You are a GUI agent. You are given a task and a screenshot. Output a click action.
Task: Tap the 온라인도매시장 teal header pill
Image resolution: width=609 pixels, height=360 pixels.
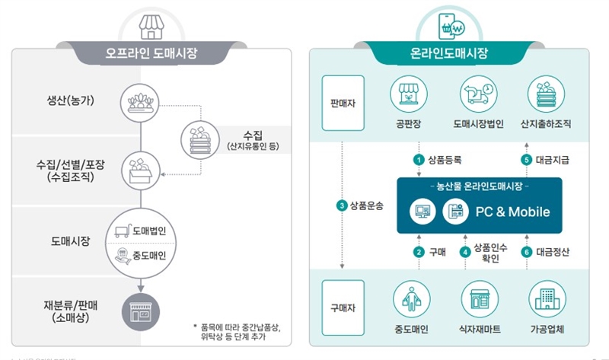tap(448, 54)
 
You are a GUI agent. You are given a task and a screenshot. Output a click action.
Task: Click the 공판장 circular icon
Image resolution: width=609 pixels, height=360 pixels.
tap(411, 95)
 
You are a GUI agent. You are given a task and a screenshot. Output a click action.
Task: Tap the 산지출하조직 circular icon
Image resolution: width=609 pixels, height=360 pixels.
tap(546, 95)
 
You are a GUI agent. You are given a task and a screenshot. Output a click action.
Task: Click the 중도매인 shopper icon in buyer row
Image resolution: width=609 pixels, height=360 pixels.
tap(412, 300)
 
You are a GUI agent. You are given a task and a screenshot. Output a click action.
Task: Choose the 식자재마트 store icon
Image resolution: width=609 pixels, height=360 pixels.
tap(479, 300)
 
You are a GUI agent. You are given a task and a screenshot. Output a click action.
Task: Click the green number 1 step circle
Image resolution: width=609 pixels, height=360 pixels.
tap(418, 160)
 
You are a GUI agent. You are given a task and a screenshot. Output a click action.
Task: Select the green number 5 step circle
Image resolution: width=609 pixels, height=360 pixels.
tap(525, 160)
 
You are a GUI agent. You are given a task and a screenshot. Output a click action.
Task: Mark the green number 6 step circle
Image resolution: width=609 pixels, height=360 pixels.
tap(525, 251)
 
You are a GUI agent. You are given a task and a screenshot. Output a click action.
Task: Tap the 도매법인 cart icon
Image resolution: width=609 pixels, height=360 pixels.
tap(121, 230)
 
